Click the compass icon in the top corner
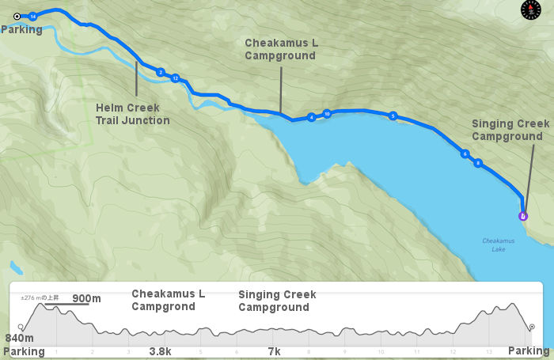click(x=529, y=10)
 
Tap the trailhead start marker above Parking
click(x=17, y=15)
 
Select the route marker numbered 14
click(x=32, y=16)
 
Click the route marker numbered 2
click(x=160, y=72)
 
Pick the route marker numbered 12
click(x=175, y=78)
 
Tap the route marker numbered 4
click(x=311, y=117)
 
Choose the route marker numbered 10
click(x=327, y=114)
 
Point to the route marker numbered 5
click(x=393, y=116)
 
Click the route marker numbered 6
click(x=465, y=153)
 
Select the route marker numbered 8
click(x=478, y=163)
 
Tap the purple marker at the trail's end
click(x=522, y=215)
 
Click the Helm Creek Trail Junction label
click(x=132, y=114)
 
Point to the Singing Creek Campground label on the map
click(x=507, y=130)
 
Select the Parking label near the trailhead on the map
click(x=21, y=29)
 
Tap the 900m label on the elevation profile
click(x=86, y=298)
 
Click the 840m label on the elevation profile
click(x=18, y=338)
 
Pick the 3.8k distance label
click(x=161, y=350)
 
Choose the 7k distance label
click(x=274, y=350)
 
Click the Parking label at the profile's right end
click(x=528, y=350)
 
